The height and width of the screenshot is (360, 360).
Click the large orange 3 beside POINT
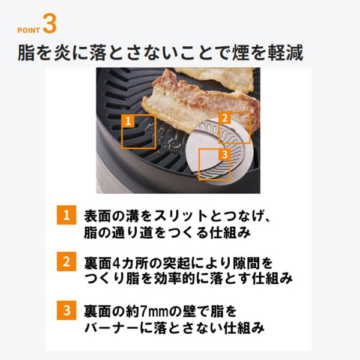50,23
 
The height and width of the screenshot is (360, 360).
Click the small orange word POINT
29,31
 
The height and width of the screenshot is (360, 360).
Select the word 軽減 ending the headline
286,53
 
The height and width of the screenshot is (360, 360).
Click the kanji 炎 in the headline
62,53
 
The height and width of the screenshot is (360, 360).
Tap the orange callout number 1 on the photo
128,121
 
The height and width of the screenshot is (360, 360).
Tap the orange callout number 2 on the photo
224,118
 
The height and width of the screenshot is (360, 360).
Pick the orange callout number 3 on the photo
224,154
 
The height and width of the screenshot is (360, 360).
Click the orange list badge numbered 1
67,215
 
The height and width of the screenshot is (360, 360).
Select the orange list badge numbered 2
67,262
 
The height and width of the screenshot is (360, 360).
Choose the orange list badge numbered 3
67,310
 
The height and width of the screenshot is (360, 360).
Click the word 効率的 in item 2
175,279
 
